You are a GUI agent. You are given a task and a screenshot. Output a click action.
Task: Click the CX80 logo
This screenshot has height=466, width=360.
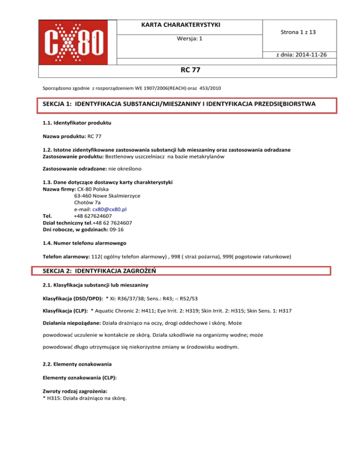[x=76, y=43]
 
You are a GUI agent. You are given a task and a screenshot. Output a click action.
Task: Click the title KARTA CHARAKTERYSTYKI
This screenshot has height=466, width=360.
[x=188, y=24]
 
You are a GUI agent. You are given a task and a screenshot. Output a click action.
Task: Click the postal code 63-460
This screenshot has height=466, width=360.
[x=83, y=196]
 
